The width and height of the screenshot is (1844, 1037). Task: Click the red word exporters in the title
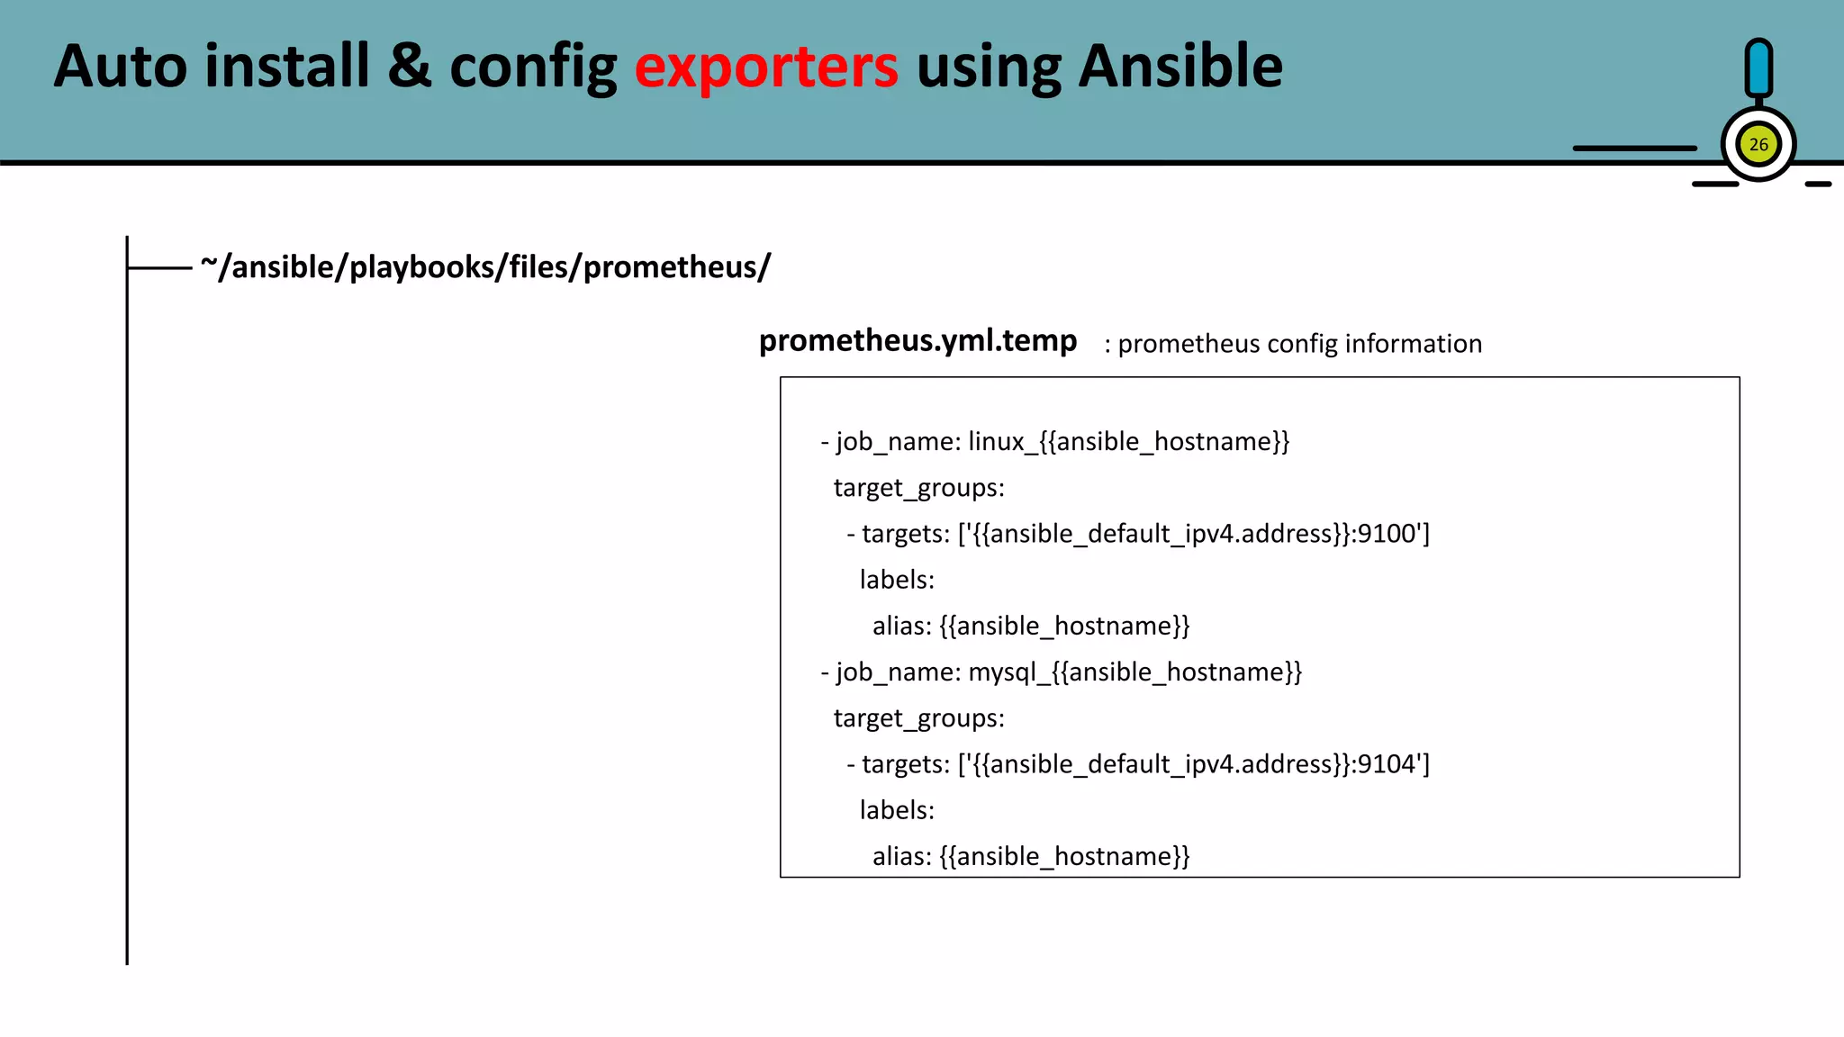[x=766, y=67]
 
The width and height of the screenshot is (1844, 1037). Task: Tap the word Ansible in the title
[x=1180, y=67]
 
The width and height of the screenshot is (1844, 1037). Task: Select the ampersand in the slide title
[x=410, y=67]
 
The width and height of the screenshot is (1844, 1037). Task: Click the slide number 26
[x=1758, y=145]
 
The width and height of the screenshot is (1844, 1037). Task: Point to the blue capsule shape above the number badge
[x=1758, y=68]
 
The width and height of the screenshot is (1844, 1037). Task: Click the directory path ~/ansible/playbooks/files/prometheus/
[x=485, y=267]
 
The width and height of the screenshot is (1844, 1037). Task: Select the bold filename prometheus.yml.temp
[x=917, y=340]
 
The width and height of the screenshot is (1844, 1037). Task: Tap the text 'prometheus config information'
[x=1299, y=344]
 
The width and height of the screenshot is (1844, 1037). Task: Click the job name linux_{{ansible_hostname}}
[x=1129, y=442]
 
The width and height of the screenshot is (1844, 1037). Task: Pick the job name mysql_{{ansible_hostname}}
[x=1134, y=672]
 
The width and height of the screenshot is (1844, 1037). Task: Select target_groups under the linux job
[x=918, y=488]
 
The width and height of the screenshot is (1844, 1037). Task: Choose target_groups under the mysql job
[x=918, y=718]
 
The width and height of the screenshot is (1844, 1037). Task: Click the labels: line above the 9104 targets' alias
[x=897, y=810]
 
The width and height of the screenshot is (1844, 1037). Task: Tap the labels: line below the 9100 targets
[x=897, y=580]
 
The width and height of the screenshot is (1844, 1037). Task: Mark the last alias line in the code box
[x=1031, y=856]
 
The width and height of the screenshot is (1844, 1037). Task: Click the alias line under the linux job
[x=1031, y=626]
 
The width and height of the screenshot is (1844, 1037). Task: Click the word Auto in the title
[x=121, y=67]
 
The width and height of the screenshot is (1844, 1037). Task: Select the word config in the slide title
[x=533, y=67]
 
